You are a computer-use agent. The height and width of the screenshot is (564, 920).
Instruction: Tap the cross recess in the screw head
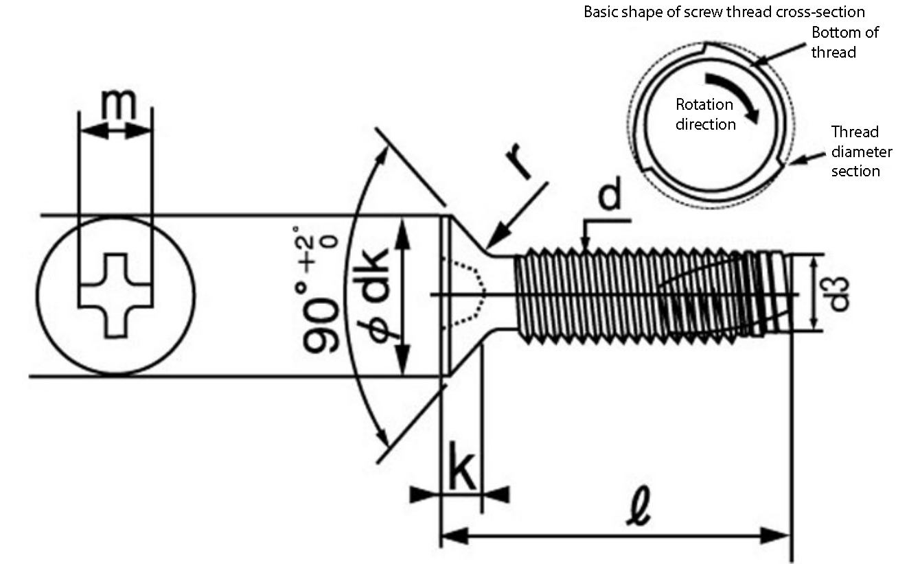pos(115,296)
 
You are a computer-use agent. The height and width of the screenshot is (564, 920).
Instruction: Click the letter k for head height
pos(461,467)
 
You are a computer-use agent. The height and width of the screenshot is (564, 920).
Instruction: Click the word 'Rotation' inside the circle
pos(704,105)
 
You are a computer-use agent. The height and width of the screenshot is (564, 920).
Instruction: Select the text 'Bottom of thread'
pos(845,43)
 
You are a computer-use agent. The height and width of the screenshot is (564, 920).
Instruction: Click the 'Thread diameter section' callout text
pos(862,152)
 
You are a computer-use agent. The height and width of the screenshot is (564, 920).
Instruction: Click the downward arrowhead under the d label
pos(586,244)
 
